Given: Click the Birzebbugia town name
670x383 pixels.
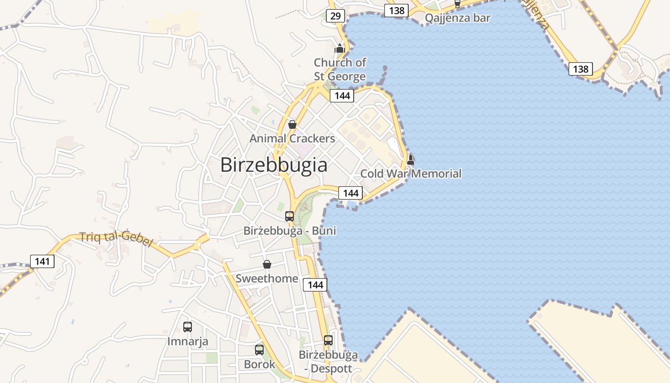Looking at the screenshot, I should (x=274, y=165).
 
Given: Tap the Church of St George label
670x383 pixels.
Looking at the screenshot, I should (x=340, y=69).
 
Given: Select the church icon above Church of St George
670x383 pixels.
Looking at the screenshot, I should (x=340, y=48).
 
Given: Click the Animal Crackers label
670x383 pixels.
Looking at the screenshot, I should (x=292, y=139).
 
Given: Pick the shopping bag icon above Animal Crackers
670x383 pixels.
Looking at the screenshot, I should (x=292, y=124).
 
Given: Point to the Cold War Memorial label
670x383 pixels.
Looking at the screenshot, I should (x=411, y=173).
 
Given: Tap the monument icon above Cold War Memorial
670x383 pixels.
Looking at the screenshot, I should (x=410, y=160).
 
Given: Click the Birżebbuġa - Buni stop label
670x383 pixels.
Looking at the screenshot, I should (x=290, y=231).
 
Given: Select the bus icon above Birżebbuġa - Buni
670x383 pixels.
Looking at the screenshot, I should (x=290, y=216).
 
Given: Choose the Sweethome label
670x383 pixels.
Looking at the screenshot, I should (x=267, y=279).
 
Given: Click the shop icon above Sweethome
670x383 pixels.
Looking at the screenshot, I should (x=267, y=264).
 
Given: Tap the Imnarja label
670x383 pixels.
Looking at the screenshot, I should (x=188, y=341).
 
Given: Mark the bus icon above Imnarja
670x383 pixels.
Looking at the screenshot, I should (x=188, y=327).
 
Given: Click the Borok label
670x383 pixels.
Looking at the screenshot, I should (x=259, y=364).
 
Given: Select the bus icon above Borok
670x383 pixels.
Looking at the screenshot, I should (x=259, y=350).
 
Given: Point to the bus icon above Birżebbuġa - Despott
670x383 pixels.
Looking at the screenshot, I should (x=328, y=340).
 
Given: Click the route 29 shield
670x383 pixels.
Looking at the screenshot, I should (x=335, y=16).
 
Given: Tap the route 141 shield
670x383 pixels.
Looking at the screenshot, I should (x=43, y=261).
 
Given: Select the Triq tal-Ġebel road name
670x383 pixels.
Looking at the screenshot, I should (x=116, y=238).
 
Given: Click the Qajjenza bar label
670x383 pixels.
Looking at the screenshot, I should (x=458, y=18).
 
